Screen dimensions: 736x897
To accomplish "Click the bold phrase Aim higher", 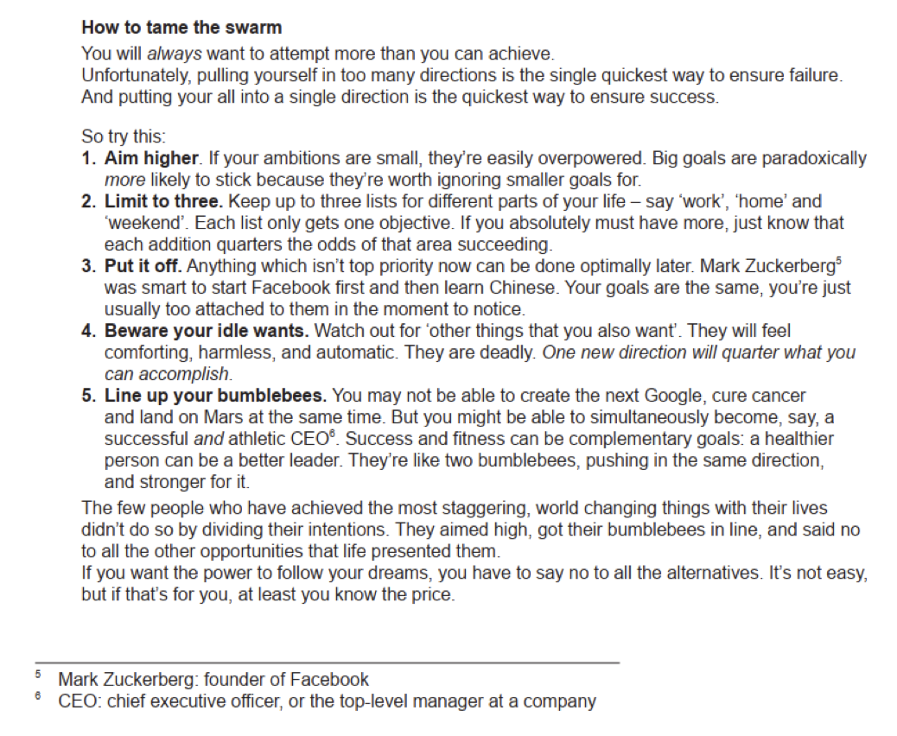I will point(152,159).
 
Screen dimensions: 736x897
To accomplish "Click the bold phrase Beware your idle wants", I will point(207,331).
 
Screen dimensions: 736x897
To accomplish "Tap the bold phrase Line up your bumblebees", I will point(215,397).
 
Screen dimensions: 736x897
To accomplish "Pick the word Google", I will point(671,397).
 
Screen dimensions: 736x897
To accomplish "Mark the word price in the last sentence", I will point(433,595).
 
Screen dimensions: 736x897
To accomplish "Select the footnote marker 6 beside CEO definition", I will point(39,695).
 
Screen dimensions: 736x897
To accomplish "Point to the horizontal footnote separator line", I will point(326,663).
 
